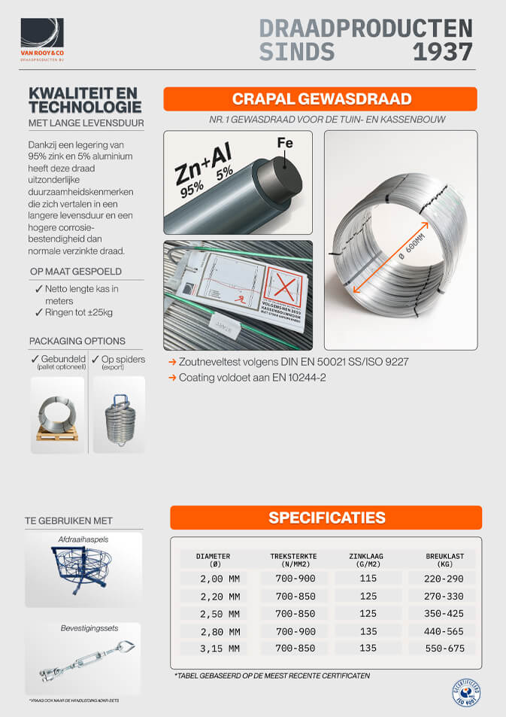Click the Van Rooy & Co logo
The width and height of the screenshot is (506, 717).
click(43, 39)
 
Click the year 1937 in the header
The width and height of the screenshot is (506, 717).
click(443, 51)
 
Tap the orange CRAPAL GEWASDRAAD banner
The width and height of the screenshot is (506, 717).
click(320, 99)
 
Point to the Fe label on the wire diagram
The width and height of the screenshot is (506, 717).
click(284, 143)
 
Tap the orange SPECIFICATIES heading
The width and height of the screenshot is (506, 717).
click(326, 518)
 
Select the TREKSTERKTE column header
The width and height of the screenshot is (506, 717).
click(293, 561)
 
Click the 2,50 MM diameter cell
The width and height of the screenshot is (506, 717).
click(219, 614)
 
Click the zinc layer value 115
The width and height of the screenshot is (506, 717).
click(368, 579)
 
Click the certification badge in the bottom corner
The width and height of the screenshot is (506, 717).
click(467, 695)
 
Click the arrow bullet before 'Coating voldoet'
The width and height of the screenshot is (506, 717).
click(172, 378)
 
